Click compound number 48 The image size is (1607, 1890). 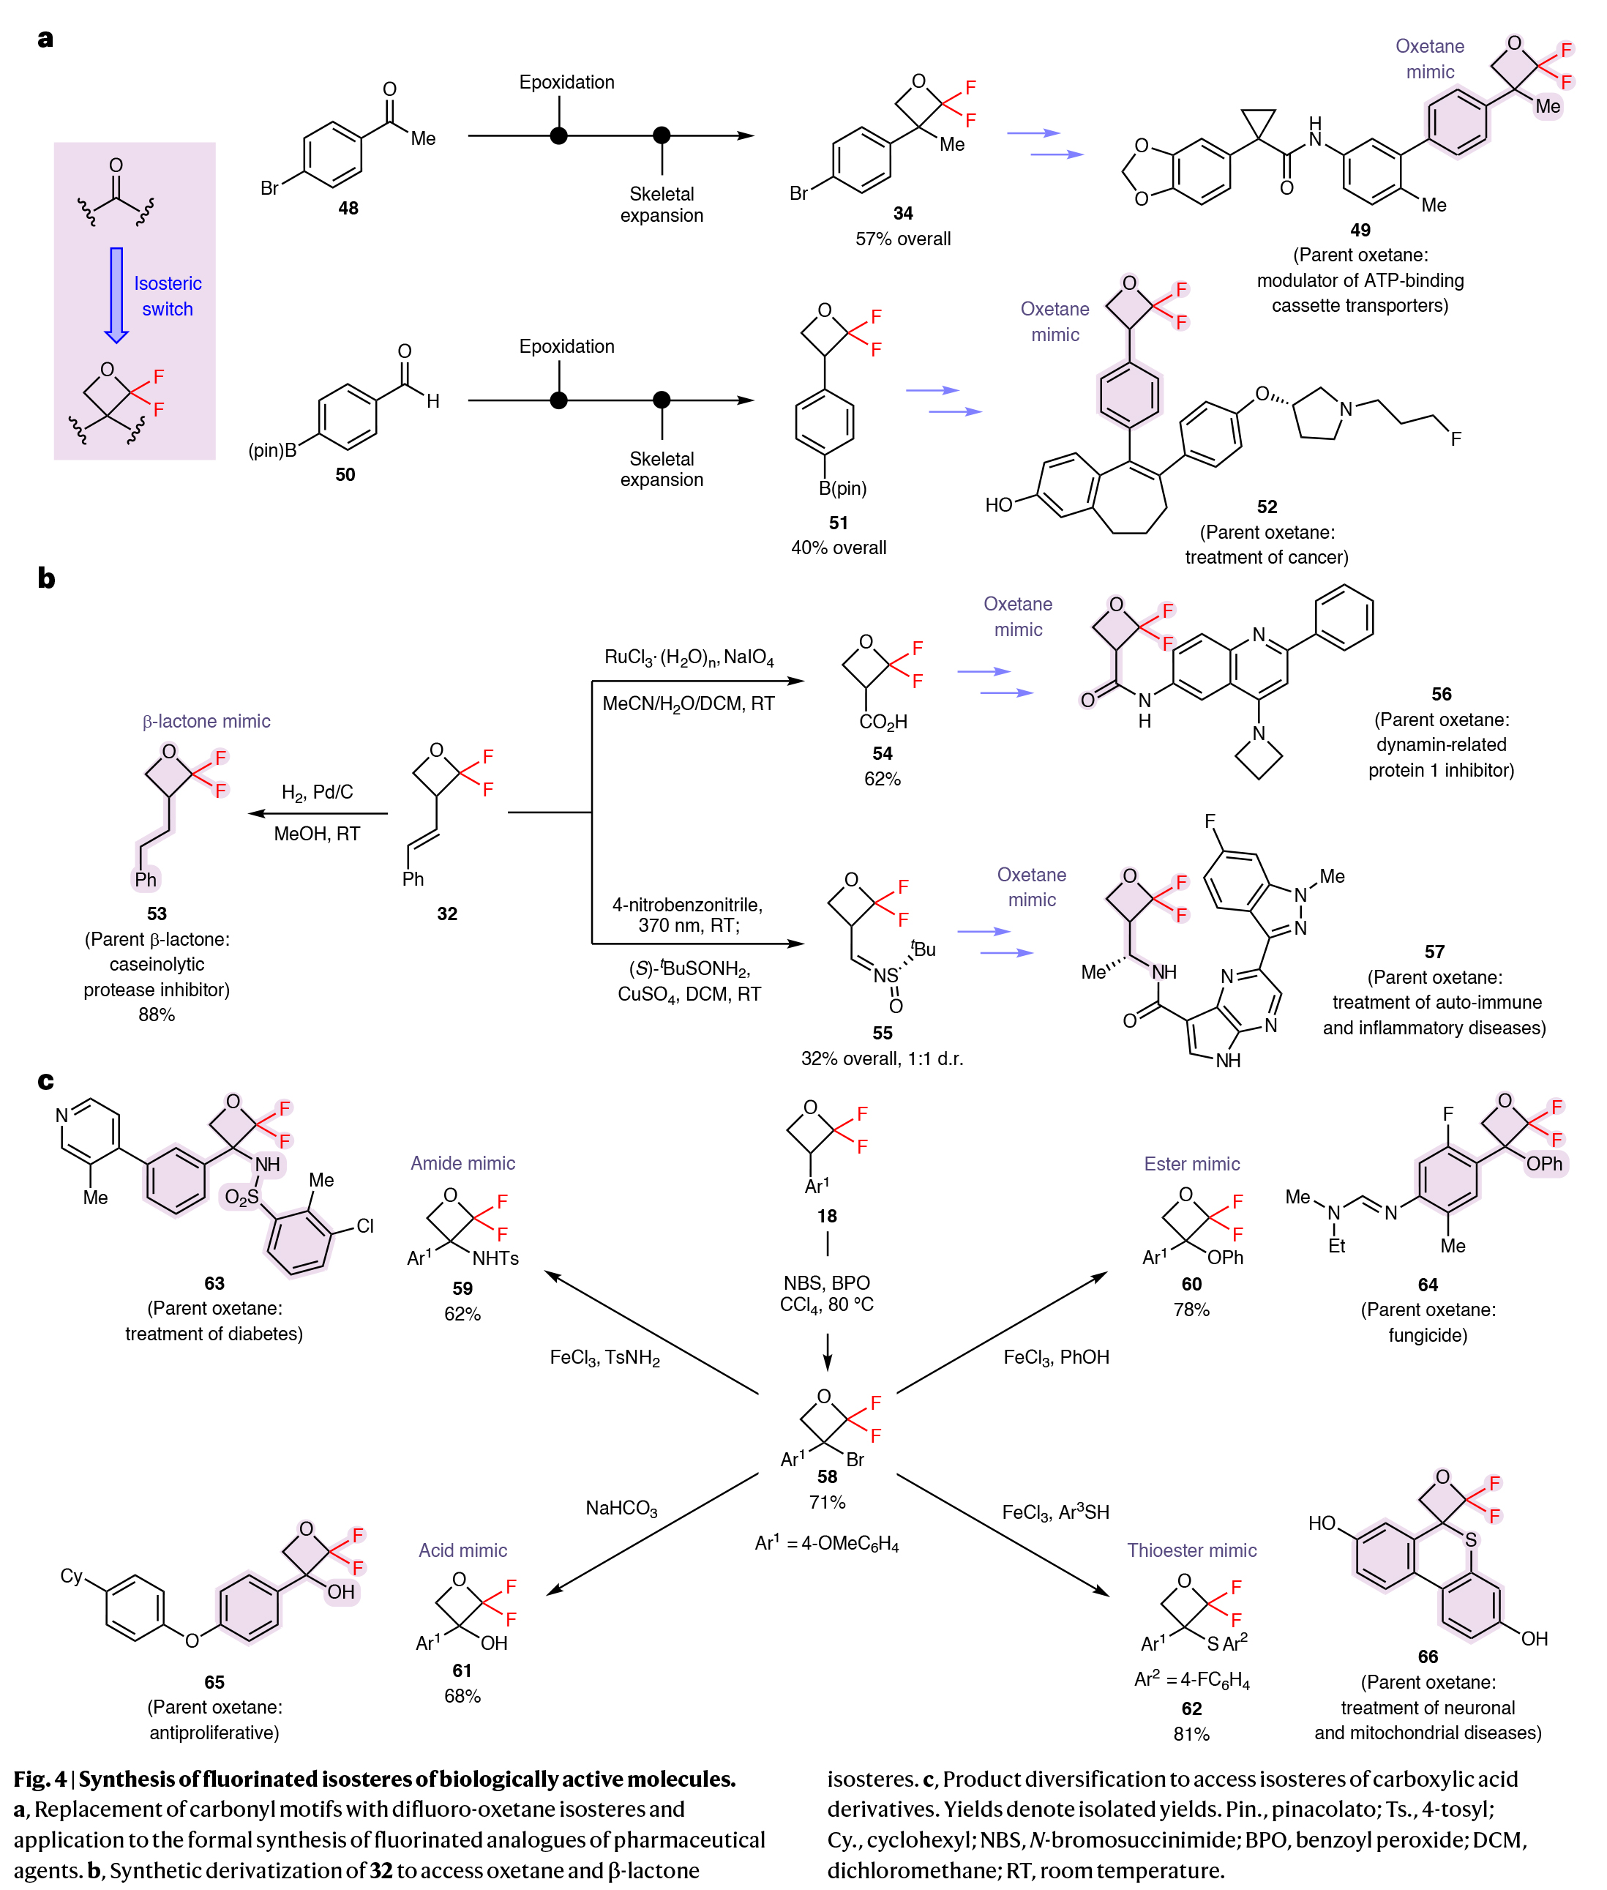(x=348, y=208)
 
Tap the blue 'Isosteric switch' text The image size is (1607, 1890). (x=168, y=296)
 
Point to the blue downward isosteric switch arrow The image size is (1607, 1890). (x=116, y=294)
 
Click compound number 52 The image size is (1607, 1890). (x=1266, y=507)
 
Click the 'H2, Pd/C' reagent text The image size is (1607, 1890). (x=317, y=792)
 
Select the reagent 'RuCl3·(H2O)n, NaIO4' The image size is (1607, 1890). (x=689, y=657)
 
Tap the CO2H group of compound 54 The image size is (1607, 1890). (x=883, y=722)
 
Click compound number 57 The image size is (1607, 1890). (x=1434, y=952)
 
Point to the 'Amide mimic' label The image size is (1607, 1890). (x=462, y=1163)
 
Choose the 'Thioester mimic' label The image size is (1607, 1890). (x=1191, y=1550)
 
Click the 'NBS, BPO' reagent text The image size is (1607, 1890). (x=826, y=1282)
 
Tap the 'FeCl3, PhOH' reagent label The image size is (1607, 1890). (x=1056, y=1357)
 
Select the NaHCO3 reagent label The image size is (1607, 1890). (x=621, y=1508)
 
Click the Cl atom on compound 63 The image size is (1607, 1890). (x=365, y=1225)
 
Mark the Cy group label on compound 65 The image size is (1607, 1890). (x=71, y=1575)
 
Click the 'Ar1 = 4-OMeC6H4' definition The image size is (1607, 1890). (x=826, y=1543)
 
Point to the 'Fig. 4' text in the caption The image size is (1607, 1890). (x=40, y=1778)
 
